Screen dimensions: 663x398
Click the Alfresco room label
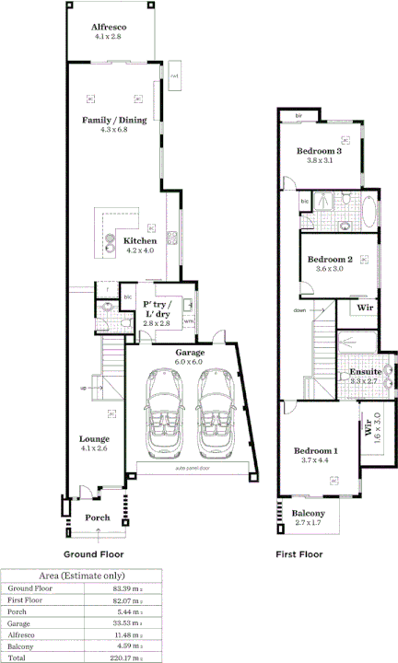click(x=109, y=29)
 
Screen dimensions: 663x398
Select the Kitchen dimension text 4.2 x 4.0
click(x=140, y=250)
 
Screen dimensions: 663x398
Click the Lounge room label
click(x=94, y=438)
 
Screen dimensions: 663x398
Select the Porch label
click(x=98, y=518)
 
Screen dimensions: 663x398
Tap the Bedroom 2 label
click(x=330, y=260)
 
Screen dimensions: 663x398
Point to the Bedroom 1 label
click(x=316, y=450)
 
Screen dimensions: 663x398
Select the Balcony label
click(x=309, y=513)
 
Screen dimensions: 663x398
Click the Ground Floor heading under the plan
click(x=93, y=554)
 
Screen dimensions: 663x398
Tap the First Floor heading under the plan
click(x=299, y=554)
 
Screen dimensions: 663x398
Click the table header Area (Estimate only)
click(x=82, y=575)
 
